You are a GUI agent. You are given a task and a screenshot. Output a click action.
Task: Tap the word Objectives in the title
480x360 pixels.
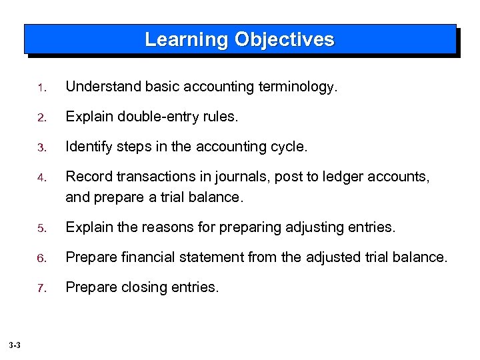coord(284,40)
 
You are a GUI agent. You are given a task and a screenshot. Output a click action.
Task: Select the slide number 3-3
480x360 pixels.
coord(15,345)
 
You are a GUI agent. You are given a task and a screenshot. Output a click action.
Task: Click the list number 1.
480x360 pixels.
coord(41,87)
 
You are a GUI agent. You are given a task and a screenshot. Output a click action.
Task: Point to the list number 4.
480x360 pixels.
coord(41,178)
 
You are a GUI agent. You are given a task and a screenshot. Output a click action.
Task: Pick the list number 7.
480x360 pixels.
coord(41,288)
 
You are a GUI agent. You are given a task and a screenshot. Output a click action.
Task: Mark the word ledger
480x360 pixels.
coord(319,177)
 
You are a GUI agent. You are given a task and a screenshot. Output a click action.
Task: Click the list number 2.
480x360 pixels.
coord(41,117)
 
